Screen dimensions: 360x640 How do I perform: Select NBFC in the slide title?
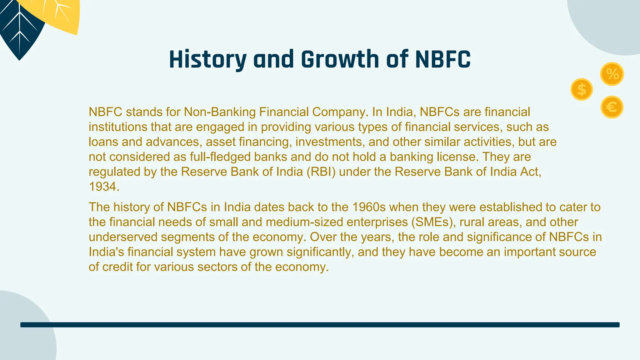click(x=443, y=59)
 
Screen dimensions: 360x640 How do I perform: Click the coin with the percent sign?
click(x=612, y=74)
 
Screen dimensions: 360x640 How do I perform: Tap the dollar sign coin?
click(x=582, y=89)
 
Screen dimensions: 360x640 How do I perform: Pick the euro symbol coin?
click(x=612, y=107)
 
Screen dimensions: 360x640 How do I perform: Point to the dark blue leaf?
click(x=19, y=34)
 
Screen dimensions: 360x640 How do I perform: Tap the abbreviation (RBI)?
click(x=321, y=172)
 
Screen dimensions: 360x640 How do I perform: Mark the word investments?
click(x=330, y=142)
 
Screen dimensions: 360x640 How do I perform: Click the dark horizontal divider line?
click(x=320, y=325)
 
